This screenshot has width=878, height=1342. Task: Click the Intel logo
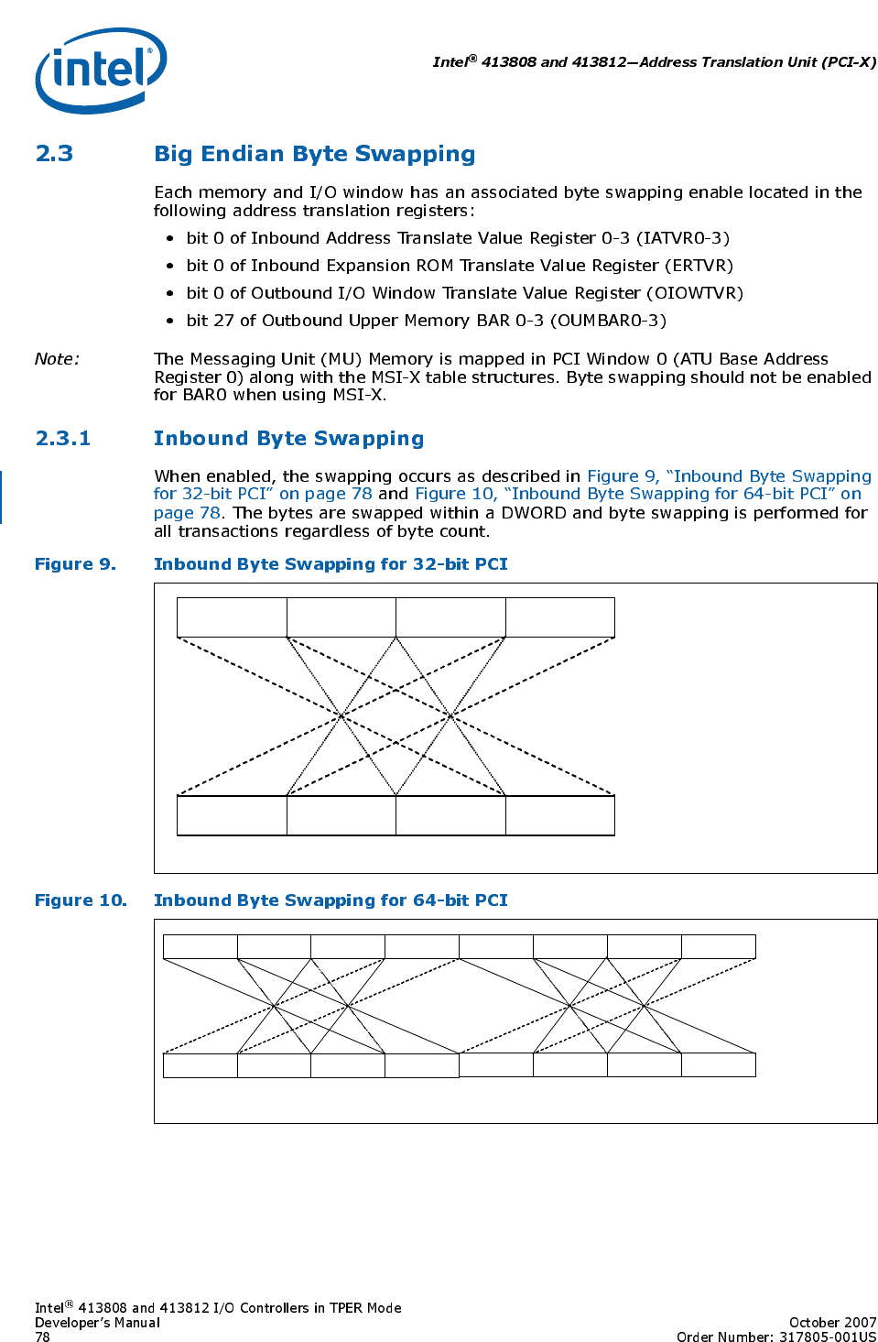[101, 70]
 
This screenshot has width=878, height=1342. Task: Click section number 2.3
[54, 154]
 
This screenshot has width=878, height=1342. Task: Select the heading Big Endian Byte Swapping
[314, 154]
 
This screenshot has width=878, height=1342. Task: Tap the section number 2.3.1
[62, 439]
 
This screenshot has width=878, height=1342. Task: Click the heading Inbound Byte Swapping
[288, 439]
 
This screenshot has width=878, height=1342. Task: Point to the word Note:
[57, 359]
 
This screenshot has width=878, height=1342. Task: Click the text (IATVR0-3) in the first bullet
[683, 238]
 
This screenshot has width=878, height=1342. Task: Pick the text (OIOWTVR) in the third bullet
[695, 293]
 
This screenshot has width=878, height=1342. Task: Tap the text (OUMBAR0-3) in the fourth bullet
[608, 321]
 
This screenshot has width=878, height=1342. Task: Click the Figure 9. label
[75, 564]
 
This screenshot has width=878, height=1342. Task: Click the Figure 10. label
[81, 900]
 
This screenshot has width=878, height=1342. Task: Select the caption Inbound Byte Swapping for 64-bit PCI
[331, 900]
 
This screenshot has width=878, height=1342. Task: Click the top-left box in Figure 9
[232, 617]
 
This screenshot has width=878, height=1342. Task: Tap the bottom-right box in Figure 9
[559, 815]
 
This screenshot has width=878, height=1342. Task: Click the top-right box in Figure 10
[718, 946]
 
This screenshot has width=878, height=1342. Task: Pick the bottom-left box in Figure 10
[200, 1065]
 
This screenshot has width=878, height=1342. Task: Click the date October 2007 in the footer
[832, 1323]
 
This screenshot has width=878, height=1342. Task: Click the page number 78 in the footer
[42, 1337]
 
